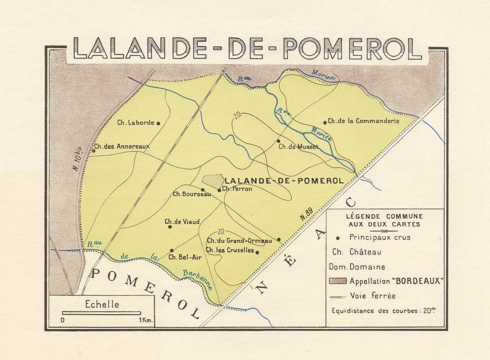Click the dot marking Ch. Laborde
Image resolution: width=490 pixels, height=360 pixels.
(x=158, y=123)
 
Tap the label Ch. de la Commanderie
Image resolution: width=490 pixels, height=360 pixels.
(x=363, y=121)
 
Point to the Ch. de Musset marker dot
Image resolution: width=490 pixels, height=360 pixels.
(x=278, y=141)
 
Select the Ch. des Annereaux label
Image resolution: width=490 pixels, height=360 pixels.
(x=122, y=146)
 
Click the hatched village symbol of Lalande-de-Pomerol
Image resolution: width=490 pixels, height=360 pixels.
(x=213, y=181)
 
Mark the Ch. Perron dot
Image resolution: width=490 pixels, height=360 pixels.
(x=219, y=190)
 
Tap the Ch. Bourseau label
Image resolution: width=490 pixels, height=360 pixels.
(x=192, y=194)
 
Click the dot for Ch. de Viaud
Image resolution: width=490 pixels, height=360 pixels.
(x=170, y=227)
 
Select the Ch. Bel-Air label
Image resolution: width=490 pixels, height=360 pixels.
(x=185, y=257)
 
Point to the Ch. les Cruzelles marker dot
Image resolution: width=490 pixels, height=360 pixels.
(x=257, y=252)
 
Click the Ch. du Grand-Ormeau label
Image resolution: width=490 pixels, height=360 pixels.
(x=239, y=241)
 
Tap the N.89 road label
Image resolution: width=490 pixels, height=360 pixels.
(x=307, y=214)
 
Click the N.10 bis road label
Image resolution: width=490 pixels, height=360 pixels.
(x=77, y=159)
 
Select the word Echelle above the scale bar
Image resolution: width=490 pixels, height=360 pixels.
(x=102, y=305)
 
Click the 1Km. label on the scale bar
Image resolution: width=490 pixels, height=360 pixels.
(x=146, y=320)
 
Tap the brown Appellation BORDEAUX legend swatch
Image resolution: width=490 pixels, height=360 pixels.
(x=338, y=281)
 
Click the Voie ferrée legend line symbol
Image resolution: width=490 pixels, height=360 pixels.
(x=338, y=297)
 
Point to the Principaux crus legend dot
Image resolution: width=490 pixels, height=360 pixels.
(x=338, y=238)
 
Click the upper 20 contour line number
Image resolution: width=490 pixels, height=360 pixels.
(x=237, y=115)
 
